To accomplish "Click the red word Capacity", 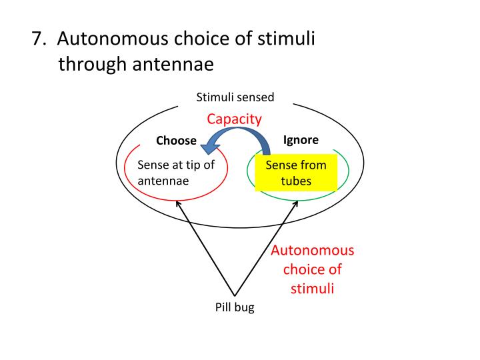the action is pyautogui.click(x=234, y=119).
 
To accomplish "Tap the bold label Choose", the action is pyautogui.click(x=176, y=141).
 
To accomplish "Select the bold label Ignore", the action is pyautogui.click(x=301, y=140).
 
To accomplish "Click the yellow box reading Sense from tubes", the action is pyautogui.click(x=296, y=173).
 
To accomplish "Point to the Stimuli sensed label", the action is pyautogui.click(x=235, y=97).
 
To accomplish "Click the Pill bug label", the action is pyautogui.click(x=235, y=307).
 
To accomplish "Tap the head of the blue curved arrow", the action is pyautogui.click(x=210, y=148).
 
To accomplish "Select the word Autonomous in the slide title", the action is pyautogui.click(x=113, y=39).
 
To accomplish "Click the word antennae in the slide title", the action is pyautogui.click(x=173, y=64).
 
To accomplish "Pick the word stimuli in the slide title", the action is pyautogui.click(x=286, y=39).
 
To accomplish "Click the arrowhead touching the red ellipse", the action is pyautogui.click(x=178, y=203).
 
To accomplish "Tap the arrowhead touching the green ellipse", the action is pyautogui.click(x=296, y=203).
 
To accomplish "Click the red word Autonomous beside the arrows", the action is pyautogui.click(x=312, y=251).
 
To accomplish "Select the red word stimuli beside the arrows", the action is pyautogui.click(x=312, y=289).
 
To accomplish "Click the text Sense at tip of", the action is pyautogui.click(x=176, y=165).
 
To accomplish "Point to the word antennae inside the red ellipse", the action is pyautogui.click(x=163, y=181).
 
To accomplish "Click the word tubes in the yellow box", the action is pyautogui.click(x=296, y=181).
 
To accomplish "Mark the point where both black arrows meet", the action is pyautogui.click(x=235, y=296).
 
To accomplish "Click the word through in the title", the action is pyautogui.click(x=93, y=64).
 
